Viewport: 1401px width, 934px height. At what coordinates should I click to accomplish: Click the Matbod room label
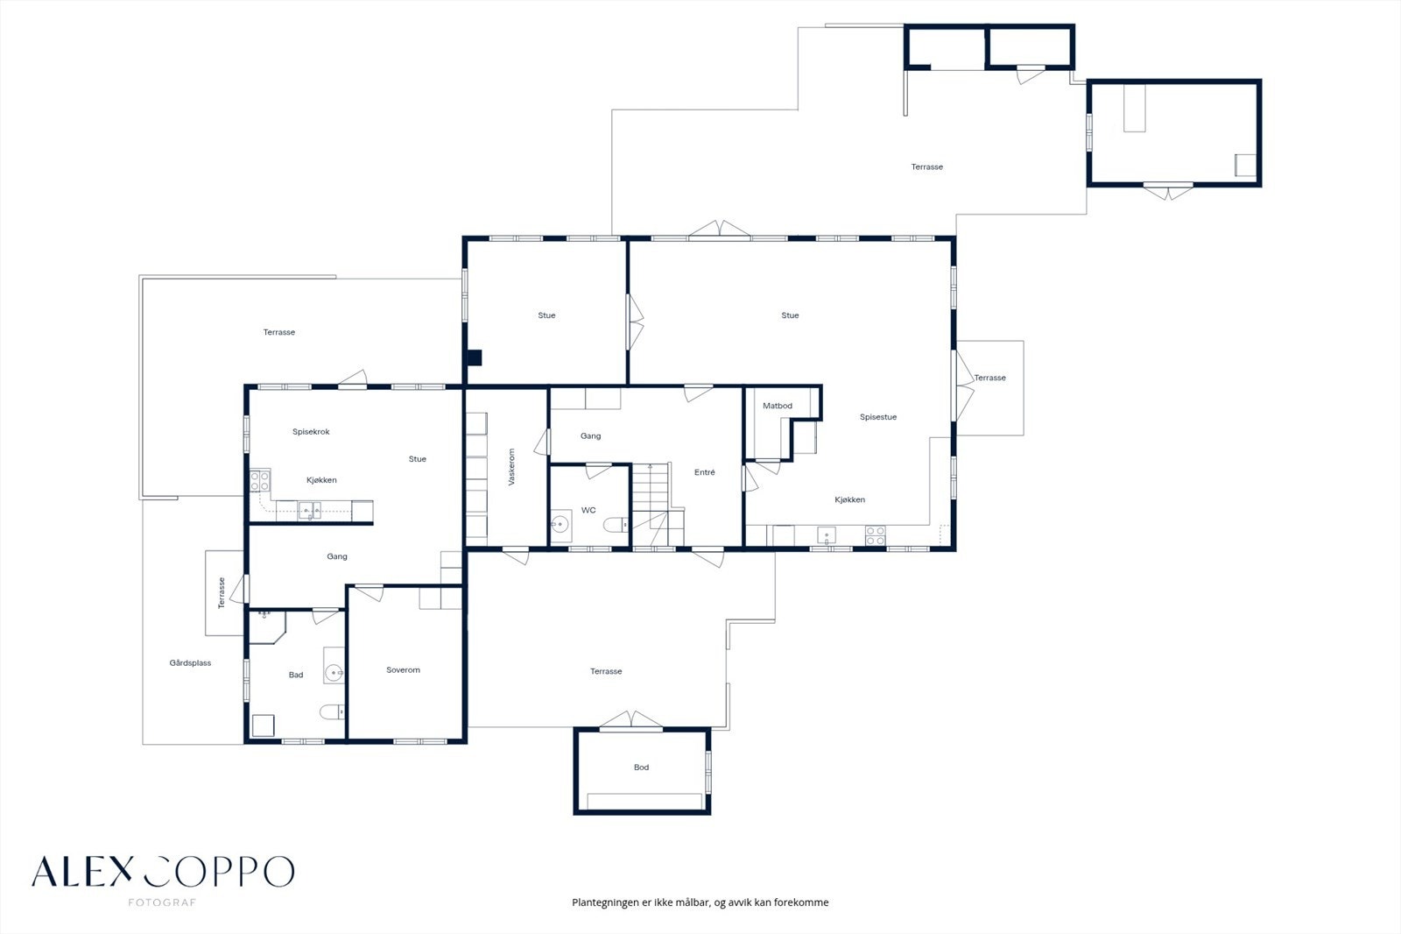point(778,406)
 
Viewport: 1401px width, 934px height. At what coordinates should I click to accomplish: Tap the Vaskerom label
point(511,466)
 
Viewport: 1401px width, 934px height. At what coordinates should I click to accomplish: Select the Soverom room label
point(403,669)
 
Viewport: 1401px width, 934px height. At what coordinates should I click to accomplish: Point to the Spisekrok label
point(311,431)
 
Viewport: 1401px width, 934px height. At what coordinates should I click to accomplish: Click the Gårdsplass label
point(190,663)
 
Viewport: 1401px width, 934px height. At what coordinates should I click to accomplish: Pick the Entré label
point(704,472)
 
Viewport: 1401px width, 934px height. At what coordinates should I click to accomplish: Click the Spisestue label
point(878,417)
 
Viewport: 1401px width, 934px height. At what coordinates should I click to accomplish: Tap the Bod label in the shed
point(641,767)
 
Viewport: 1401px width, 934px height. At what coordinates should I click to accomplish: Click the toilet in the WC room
point(616,525)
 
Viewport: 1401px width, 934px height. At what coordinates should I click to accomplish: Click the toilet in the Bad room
point(332,711)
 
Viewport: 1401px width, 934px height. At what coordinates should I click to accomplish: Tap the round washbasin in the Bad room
point(334,673)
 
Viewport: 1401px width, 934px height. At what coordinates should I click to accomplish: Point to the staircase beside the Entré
point(657,505)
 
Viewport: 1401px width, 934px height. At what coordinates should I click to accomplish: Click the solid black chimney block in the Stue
point(475,357)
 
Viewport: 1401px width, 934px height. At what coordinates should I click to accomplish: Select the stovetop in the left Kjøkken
point(260,481)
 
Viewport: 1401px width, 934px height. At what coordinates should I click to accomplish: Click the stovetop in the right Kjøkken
point(875,536)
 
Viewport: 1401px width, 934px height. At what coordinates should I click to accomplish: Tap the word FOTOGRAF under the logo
point(162,902)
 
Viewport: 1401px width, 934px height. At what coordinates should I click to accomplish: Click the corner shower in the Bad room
point(268,626)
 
